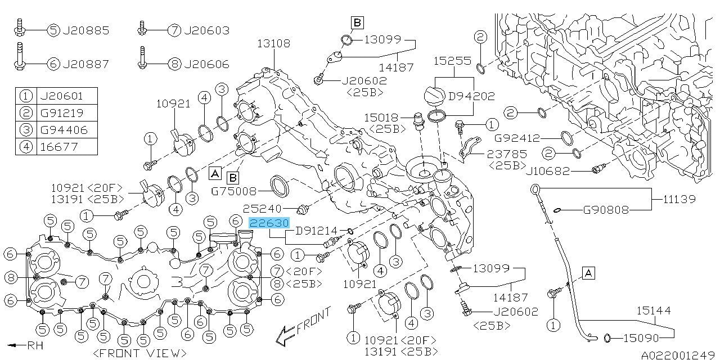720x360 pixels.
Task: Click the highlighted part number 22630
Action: (269, 223)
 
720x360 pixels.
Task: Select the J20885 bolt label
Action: (86, 30)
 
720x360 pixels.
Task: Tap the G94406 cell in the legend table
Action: (64, 130)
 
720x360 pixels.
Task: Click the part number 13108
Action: (273, 43)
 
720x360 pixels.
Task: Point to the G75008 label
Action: (233, 192)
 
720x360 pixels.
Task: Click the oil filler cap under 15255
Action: (434, 96)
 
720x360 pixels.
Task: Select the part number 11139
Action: (679, 199)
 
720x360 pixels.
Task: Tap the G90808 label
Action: (606, 210)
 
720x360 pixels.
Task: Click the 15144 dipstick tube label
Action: (654, 310)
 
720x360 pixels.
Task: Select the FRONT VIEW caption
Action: (139, 354)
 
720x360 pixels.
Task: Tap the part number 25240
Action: (262, 209)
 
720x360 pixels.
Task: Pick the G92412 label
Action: (517, 138)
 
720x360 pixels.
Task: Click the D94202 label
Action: (471, 96)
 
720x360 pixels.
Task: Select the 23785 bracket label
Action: (507, 154)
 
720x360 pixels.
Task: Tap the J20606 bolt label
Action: (206, 64)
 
